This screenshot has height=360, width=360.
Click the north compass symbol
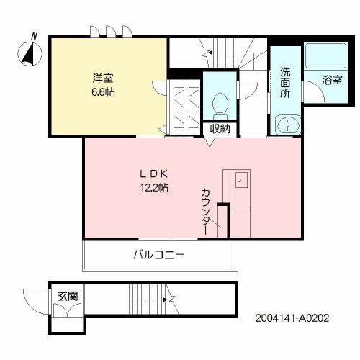(30, 53)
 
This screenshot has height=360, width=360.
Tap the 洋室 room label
(103, 78)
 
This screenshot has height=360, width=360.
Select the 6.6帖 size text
(103, 92)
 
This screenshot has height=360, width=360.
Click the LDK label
(154, 174)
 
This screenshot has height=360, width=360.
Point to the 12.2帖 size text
(154, 188)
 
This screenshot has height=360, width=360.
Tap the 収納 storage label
(220, 129)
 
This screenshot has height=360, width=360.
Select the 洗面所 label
(285, 82)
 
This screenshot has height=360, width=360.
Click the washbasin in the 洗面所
(288, 125)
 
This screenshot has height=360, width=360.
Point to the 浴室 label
(332, 80)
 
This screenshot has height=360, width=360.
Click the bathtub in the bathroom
(325, 56)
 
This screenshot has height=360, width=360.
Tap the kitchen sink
(241, 180)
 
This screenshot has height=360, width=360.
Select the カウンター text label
(206, 212)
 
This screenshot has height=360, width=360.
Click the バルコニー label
(159, 255)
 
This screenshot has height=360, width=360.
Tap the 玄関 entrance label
(68, 296)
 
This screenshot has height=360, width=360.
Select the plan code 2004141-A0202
(292, 318)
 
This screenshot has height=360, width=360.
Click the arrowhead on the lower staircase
(165, 300)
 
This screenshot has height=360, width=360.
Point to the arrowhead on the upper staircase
(210, 52)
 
